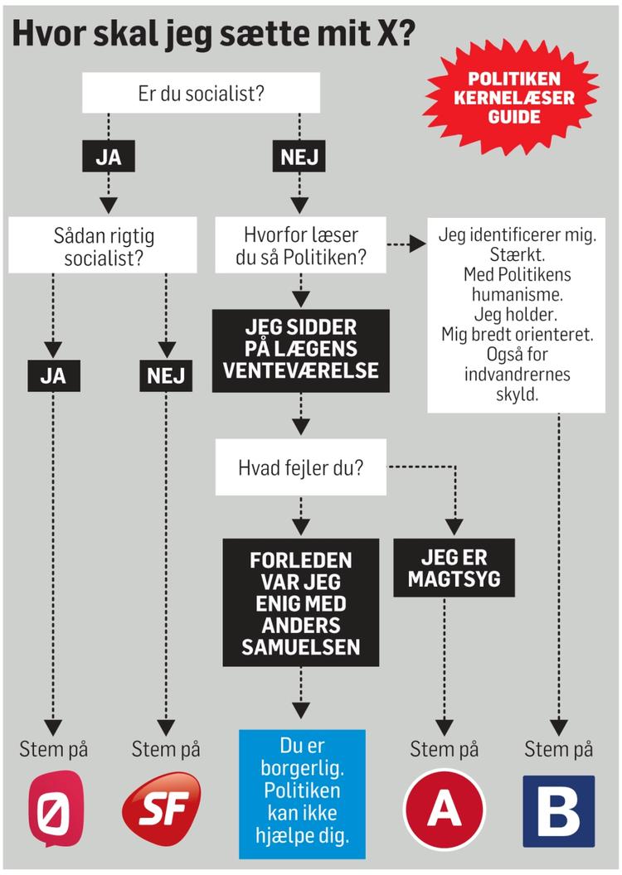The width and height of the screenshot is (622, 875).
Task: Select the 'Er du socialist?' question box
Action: [x=201, y=93]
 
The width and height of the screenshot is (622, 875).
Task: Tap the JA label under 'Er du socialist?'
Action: [x=108, y=157]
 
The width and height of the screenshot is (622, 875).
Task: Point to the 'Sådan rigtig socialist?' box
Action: [x=103, y=246]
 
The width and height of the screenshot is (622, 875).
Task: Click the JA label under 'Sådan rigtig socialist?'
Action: [x=52, y=376]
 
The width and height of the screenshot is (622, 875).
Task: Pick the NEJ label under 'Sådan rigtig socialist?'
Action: [x=166, y=376]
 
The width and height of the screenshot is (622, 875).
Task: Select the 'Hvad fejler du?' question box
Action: [x=300, y=467]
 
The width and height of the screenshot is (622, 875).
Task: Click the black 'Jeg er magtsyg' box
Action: [x=454, y=568]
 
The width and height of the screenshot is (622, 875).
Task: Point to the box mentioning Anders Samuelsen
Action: [x=300, y=603]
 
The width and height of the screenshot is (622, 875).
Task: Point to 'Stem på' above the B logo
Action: [x=558, y=750]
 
